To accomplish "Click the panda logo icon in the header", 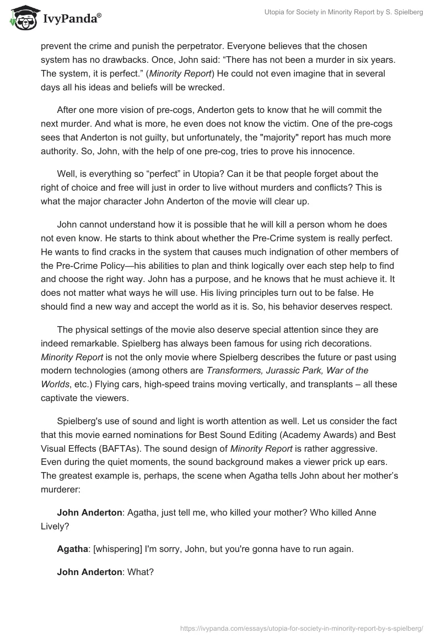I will click(x=20, y=17).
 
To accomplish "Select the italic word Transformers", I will click(x=230, y=370).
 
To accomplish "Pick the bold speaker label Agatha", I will click(x=72, y=549).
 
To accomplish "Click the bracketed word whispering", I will click(x=119, y=549).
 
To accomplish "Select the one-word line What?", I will click(x=140, y=572).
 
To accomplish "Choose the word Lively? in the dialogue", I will click(x=55, y=526).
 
